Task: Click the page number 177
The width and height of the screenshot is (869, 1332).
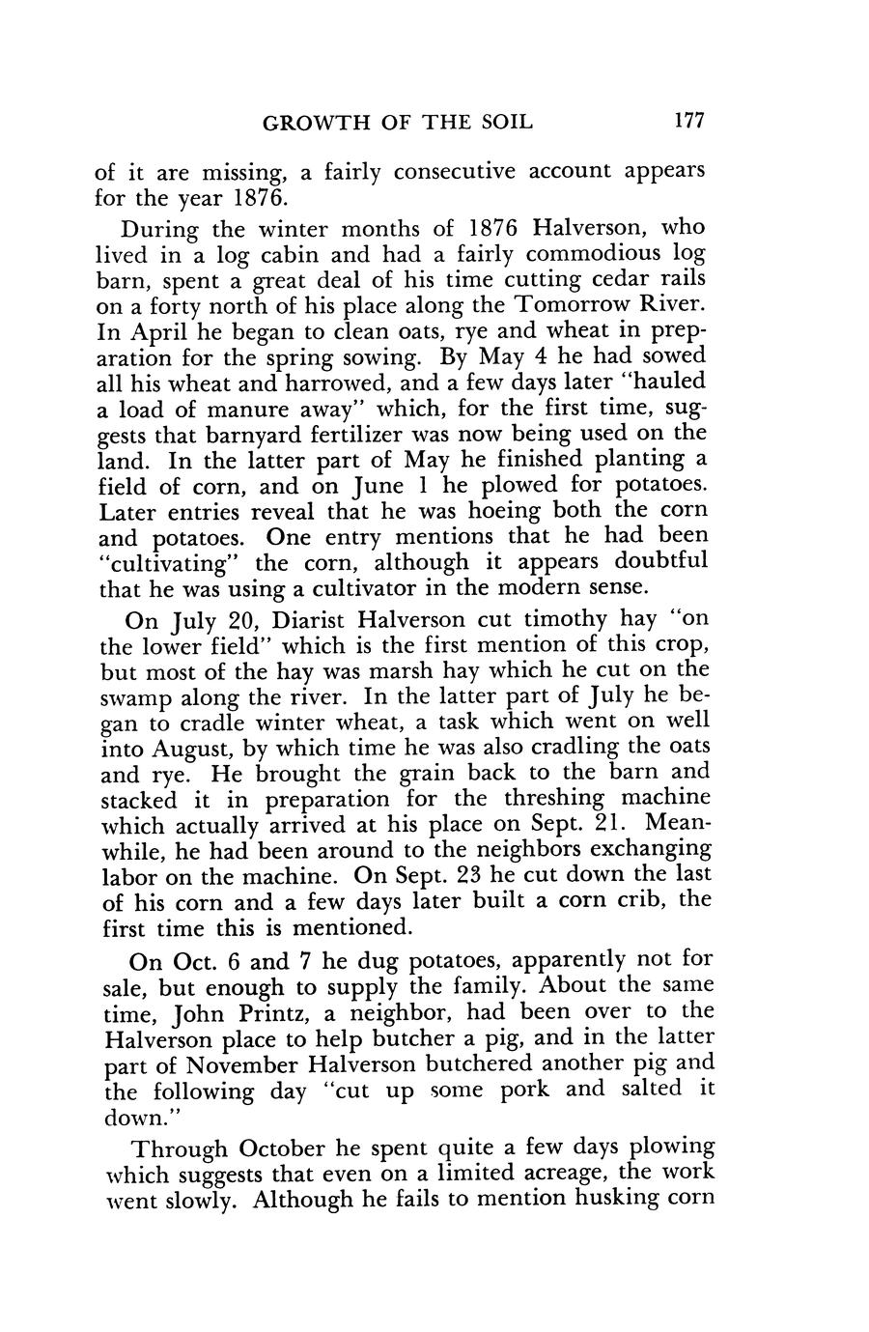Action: coord(690,122)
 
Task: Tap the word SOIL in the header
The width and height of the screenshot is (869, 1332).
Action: coord(505,123)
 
